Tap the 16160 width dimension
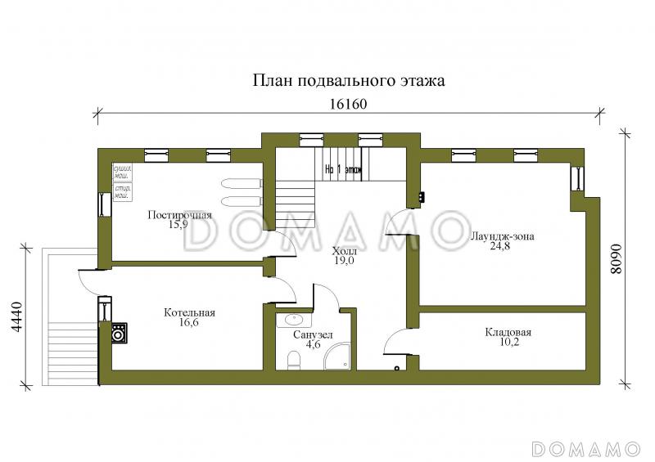[x=346, y=105]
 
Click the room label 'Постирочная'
[x=179, y=215]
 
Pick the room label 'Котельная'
[x=189, y=312]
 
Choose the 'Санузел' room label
[x=312, y=334]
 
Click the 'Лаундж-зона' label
[x=502, y=236]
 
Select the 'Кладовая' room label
[x=508, y=333]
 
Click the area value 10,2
[x=508, y=343]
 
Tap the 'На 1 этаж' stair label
[x=343, y=171]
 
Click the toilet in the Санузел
[x=293, y=359]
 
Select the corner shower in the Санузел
[x=339, y=357]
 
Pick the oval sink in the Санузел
[x=294, y=320]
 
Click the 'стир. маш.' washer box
[x=123, y=193]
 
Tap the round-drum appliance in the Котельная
[x=118, y=332]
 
